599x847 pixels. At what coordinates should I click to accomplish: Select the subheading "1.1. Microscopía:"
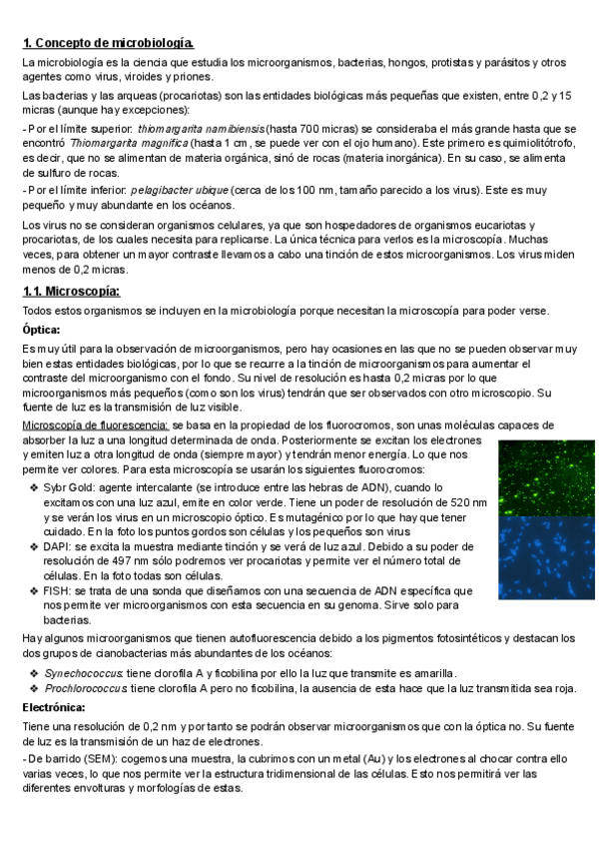(x=71, y=291)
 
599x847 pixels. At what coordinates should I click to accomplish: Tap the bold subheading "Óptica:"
(x=42, y=329)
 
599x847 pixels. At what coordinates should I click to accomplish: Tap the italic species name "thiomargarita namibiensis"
(x=202, y=129)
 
